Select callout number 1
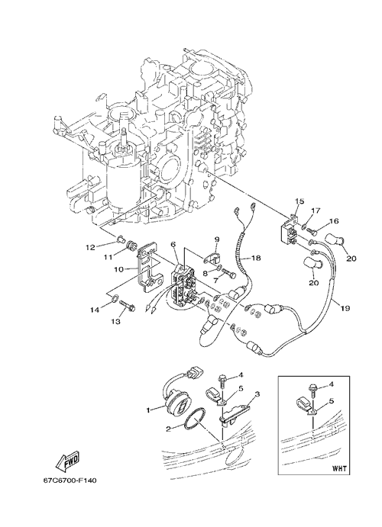click(x=147, y=410)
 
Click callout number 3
click(x=257, y=394)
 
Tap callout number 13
click(x=116, y=321)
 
